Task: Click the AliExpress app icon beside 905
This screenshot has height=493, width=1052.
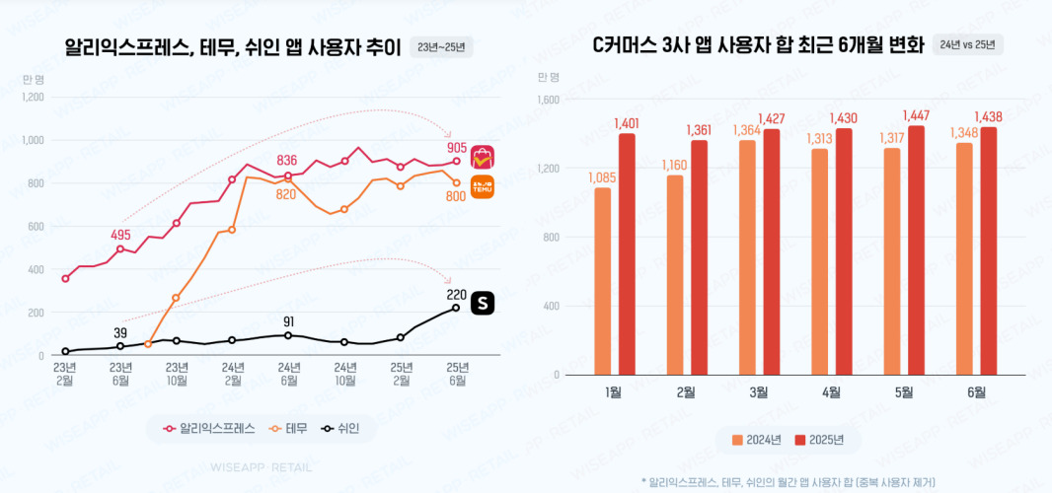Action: [483, 156]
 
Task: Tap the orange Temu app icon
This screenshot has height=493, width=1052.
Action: [483, 186]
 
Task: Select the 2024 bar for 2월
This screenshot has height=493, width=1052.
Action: [675, 274]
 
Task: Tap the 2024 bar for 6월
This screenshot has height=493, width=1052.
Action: [964, 258]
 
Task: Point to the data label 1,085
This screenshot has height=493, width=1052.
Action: [601, 177]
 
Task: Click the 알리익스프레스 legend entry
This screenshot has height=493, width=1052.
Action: [209, 428]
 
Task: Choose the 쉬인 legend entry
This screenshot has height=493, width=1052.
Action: [338, 428]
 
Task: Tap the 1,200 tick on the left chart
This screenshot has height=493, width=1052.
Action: [33, 97]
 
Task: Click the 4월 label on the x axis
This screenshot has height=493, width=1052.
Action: [831, 392]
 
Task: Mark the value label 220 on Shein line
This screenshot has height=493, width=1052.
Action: [456, 295]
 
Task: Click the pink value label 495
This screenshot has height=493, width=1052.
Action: [120, 235]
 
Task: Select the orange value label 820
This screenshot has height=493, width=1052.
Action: [286, 194]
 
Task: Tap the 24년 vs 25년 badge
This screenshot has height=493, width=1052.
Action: [967, 44]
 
